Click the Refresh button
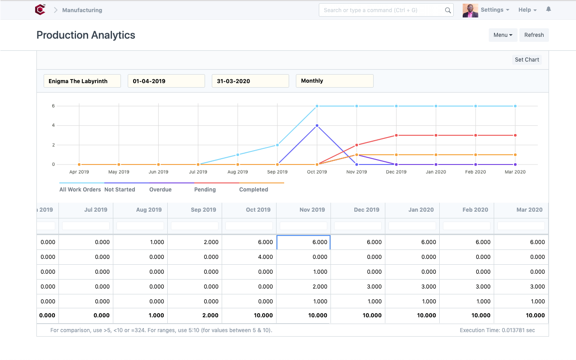[534, 35]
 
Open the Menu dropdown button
[503, 35]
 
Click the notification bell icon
[548, 9]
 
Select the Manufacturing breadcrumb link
[82, 10]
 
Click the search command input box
[382, 10]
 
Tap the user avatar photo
[470, 10]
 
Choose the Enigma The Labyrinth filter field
[82, 81]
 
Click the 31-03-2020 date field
[250, 81]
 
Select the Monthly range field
[334, 81]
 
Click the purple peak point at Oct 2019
[317, 125]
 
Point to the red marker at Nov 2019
[357, 145]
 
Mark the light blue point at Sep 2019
[277, 145]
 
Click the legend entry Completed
[254, 190]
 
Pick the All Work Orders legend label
[80, 190]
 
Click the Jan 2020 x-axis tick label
[436, 172]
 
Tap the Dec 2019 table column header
[366, 209]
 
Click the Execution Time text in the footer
[497, 330]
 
